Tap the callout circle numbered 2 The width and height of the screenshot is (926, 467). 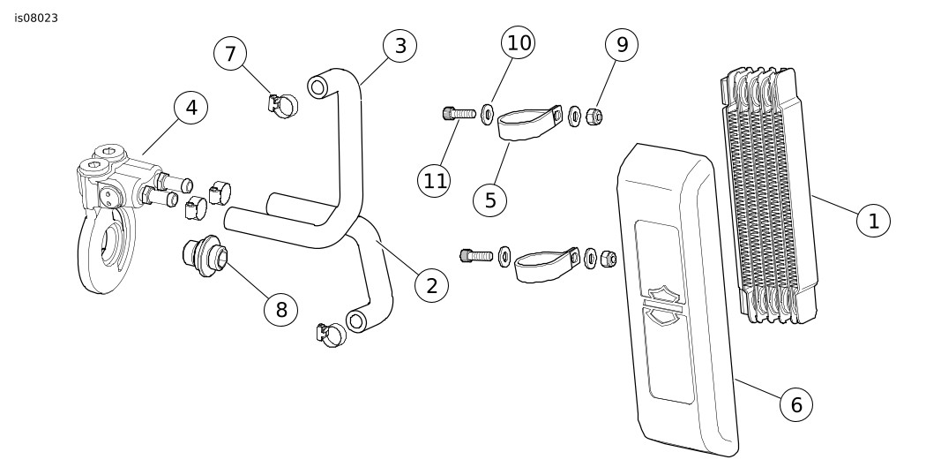(431, 285)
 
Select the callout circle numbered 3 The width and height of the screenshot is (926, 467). (400, 46)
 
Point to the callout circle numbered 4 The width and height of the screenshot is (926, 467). (190, 109)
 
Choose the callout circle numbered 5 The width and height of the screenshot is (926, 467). (489, 200)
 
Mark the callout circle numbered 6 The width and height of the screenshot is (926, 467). (795, 405)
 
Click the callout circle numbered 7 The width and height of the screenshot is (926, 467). (230, 54)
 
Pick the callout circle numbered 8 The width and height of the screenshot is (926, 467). (280, 309)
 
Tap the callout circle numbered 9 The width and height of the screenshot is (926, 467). (621, 45)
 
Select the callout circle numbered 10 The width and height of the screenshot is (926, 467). (518, 41)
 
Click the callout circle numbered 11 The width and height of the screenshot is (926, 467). (435, 181)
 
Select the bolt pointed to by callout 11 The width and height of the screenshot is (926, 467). (458, 113)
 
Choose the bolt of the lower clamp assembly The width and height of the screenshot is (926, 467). (476, 256)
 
